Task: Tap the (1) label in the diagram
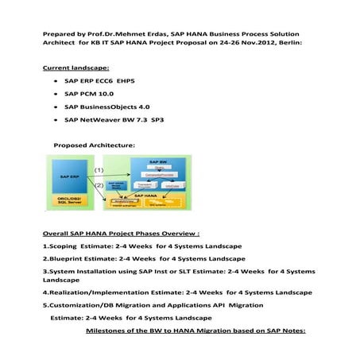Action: (x=99, y=170)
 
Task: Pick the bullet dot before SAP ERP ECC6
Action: (x=53, y=81)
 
